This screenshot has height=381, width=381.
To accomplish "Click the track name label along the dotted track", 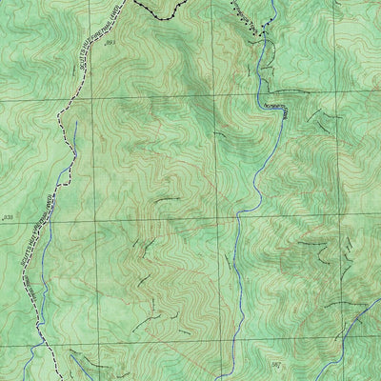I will [245, 13].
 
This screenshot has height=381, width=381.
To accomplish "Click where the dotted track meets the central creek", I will [257, 38].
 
